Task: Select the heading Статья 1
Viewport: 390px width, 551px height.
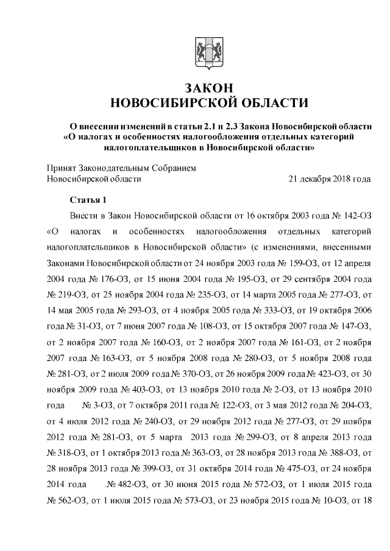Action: [x=88, y=200]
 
